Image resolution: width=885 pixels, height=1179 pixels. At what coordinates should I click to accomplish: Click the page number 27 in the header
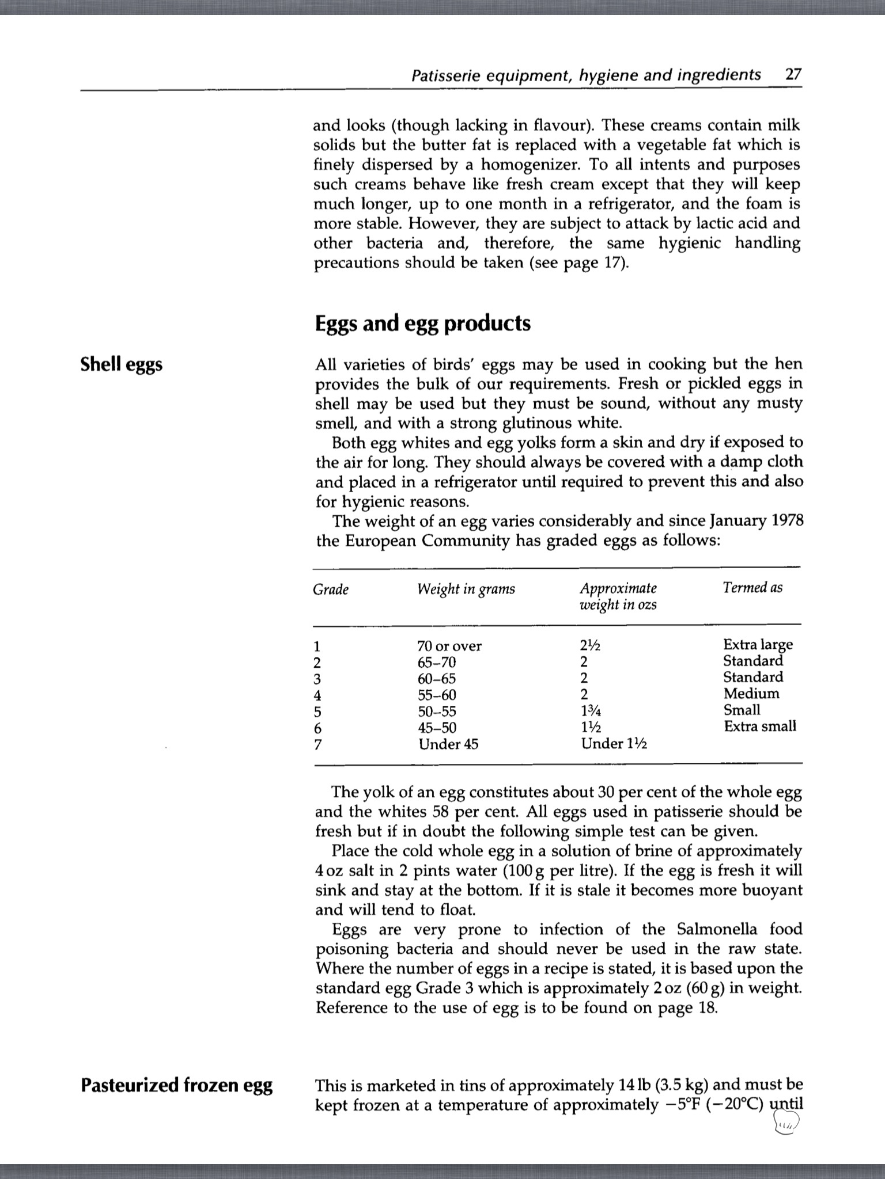pos(793,75)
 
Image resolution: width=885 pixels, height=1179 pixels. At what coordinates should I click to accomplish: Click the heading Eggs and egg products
pos(422,324)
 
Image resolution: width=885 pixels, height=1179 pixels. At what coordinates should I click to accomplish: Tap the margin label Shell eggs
pos(122,364)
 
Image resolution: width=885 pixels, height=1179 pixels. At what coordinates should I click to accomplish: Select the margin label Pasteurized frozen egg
pos(176,1085)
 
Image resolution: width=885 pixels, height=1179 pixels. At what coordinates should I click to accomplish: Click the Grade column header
pos(331,589)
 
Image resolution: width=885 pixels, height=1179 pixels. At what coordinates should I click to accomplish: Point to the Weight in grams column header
pos(466,589)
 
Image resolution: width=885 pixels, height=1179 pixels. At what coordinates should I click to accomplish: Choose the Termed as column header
pos(752,588)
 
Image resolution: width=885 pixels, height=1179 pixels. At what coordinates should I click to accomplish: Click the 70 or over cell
pos(449,646)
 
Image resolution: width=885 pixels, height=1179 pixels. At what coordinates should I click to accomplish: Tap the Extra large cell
pos(758,644)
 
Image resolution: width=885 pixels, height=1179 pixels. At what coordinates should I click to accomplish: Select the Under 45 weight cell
pos(448,744)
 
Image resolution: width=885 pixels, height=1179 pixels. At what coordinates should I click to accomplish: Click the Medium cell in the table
pos(751,694)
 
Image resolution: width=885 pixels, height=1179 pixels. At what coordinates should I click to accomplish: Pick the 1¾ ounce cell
pos(590,711)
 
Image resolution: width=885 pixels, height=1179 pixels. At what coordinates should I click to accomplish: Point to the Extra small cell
pos(760,727)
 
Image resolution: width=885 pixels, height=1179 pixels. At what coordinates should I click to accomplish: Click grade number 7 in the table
pos(317,744)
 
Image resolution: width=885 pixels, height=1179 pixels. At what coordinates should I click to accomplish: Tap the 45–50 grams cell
pos(437,728)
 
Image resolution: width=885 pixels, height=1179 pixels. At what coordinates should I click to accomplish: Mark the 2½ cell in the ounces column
pos(590,645)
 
